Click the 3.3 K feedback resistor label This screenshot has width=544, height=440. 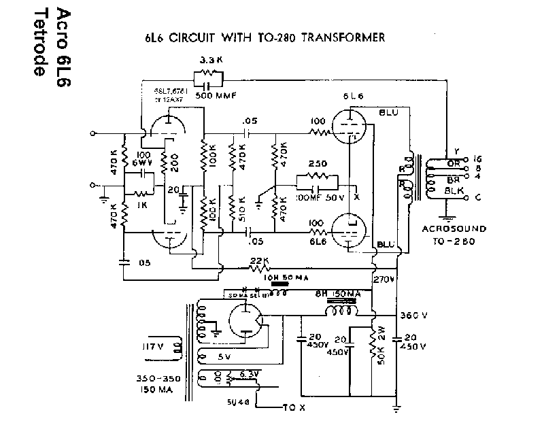point(207,61)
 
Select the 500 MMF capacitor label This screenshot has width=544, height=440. point(214,96)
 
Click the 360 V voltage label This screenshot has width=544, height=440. point(415,316)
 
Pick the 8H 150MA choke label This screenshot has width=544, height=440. point(337,294)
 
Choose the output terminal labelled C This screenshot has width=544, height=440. point(478,198)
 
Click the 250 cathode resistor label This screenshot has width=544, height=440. point(318,164)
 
